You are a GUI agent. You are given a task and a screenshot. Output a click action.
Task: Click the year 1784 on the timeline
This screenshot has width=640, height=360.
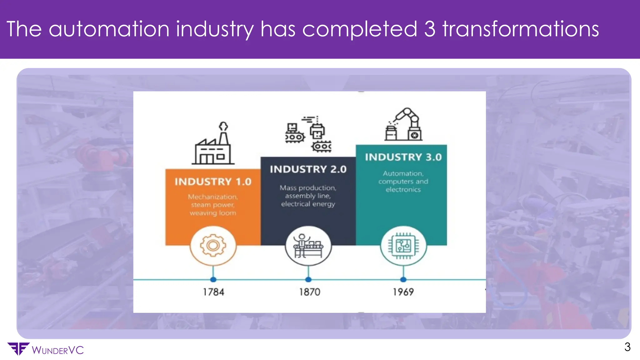[x=213, y=292]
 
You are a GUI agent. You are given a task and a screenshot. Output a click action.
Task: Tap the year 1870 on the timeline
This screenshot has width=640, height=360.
[x=309, y=292]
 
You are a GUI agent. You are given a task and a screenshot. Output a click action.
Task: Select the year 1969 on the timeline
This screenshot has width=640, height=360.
[x=403, y=292]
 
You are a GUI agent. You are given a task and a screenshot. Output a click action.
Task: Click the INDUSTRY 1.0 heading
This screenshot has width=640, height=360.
[x=213, y=182]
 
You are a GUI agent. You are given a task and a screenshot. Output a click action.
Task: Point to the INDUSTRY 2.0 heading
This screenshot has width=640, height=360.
[x=308, y=169]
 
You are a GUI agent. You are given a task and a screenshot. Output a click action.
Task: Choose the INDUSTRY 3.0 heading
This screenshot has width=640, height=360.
[x=403, y=157]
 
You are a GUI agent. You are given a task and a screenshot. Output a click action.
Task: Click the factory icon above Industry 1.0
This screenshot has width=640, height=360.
[x=213, y=144]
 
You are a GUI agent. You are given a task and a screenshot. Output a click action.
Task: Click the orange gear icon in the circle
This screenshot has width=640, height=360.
[x=213, y=246]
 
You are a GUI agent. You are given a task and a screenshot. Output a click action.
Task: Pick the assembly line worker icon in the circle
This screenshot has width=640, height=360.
[x=308, y=246]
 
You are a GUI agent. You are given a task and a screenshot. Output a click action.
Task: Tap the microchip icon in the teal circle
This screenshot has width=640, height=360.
[x=403, y=246]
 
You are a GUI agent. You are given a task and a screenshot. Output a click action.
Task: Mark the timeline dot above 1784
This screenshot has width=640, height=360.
[x=213, y=279]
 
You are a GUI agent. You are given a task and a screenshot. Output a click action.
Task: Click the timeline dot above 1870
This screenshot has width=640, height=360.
[x=308, y=279]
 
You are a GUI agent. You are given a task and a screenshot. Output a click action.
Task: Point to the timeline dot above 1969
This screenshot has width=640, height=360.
[x=403, y=279]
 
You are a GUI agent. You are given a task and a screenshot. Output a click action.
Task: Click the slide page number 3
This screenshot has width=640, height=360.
[x=627, y=347]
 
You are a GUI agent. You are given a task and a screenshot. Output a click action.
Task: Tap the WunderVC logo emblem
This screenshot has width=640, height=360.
[x=18, y=349]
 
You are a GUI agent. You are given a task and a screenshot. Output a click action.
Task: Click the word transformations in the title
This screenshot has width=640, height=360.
[x=521, y=29]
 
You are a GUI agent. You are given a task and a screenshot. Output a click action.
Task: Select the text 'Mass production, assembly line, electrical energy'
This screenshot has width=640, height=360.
[x=308, y=196]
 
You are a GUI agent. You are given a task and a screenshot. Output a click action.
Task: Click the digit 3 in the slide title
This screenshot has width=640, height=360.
[x=430, y=29]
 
